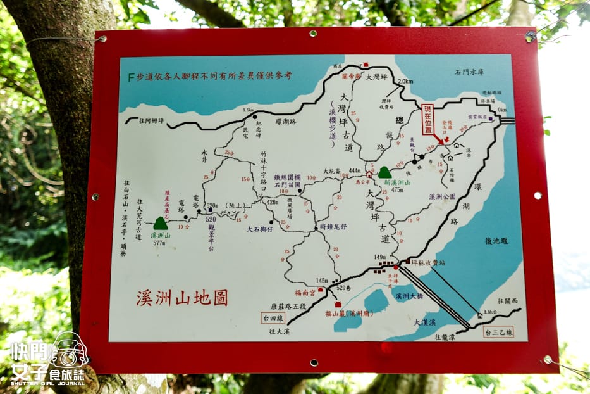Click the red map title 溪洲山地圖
click(x=181, y=298)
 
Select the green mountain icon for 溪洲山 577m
click(x=161, y=223)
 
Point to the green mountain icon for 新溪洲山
click(x=384, y=172)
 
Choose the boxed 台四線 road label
click(x=273, y=317)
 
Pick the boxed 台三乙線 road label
click(x=498, y=331)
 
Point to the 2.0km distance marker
click(x=405, y=82)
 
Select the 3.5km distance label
click(x=247, y=110)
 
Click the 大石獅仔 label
click(x=260, y=229)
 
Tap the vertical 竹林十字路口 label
click(x=264, y=167)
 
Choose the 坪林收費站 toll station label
click(x=428, y=262)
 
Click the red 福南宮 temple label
click(x=305, y=292)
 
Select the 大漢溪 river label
click(x=425, y=322)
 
